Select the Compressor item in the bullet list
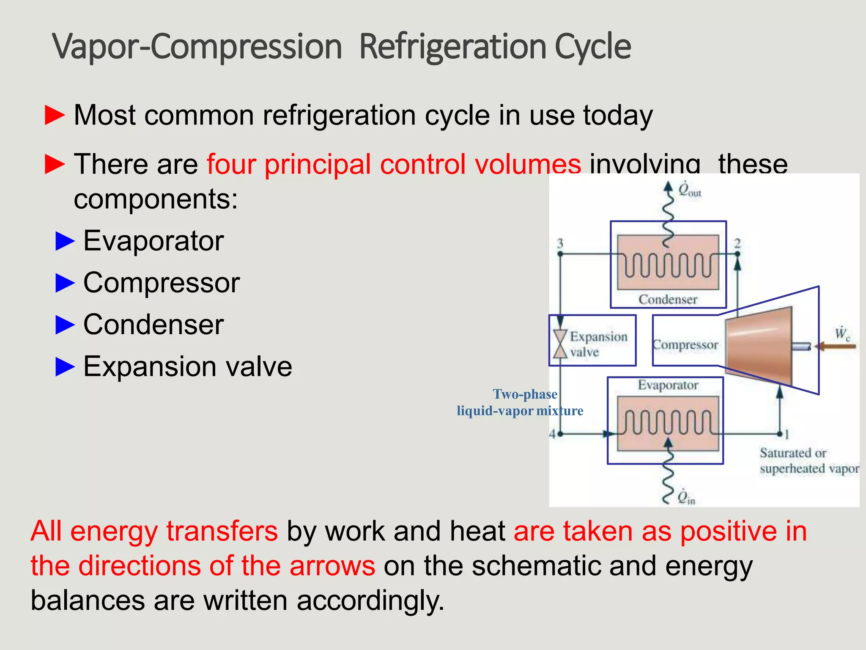161,283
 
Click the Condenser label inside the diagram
668,299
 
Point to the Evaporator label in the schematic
668,385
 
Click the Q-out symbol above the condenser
689,190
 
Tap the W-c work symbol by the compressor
842,334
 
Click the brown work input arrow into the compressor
835,347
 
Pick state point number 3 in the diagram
560,244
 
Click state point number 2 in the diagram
737,244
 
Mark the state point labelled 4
552,434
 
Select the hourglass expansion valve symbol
560,344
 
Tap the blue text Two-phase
525,394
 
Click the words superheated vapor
809,469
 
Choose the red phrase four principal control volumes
394,164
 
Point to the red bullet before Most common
55,116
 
